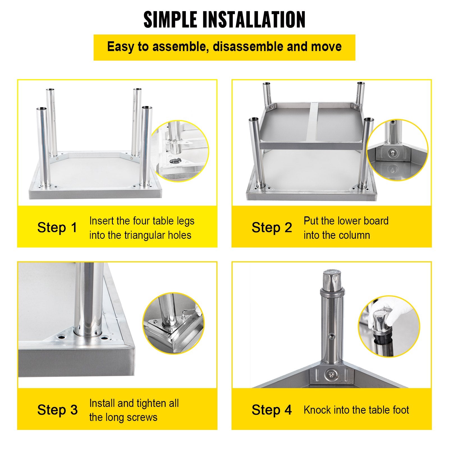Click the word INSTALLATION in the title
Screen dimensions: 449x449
[x=253, y=20]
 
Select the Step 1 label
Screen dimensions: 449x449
[x=57, y=227]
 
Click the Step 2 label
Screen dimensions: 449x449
[x=272, y=227]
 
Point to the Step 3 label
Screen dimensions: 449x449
[x=57, y=410]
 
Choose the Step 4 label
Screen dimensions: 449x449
[x=272, y=410]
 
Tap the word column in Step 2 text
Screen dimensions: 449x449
[x=354, y=235]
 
